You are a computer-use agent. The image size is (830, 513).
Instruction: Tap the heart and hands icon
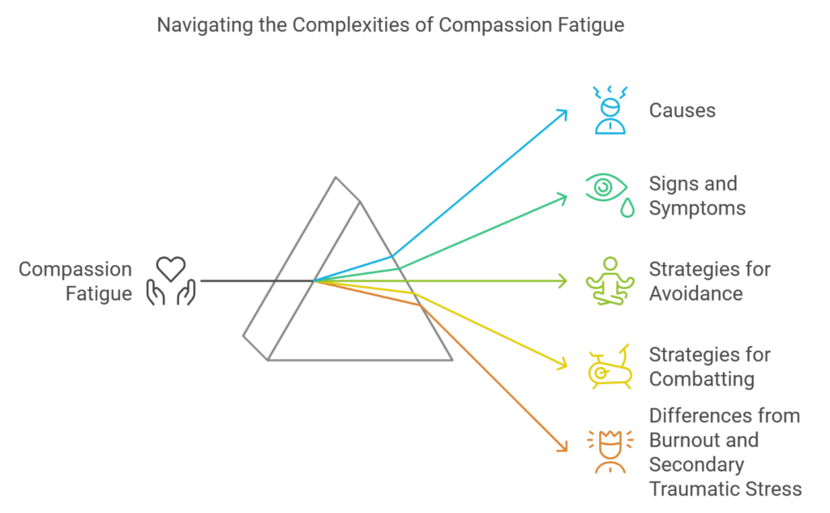click(171, 281)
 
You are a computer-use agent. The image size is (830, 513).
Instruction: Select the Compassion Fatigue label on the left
click(75, 281)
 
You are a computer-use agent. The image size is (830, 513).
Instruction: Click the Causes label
click(682, 110)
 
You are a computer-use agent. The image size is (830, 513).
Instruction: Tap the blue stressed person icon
click(610, 110)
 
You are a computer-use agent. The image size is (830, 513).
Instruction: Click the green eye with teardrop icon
click(610, 195)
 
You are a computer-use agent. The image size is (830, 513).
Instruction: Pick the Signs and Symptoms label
click(697, 195)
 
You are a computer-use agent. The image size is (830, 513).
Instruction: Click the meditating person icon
click(610, 281)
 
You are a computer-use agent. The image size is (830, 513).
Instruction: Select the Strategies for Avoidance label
click(709, 281)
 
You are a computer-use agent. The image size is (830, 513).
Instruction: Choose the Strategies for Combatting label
click(709, 367)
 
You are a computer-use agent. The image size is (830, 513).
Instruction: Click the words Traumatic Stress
click(725, 489)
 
